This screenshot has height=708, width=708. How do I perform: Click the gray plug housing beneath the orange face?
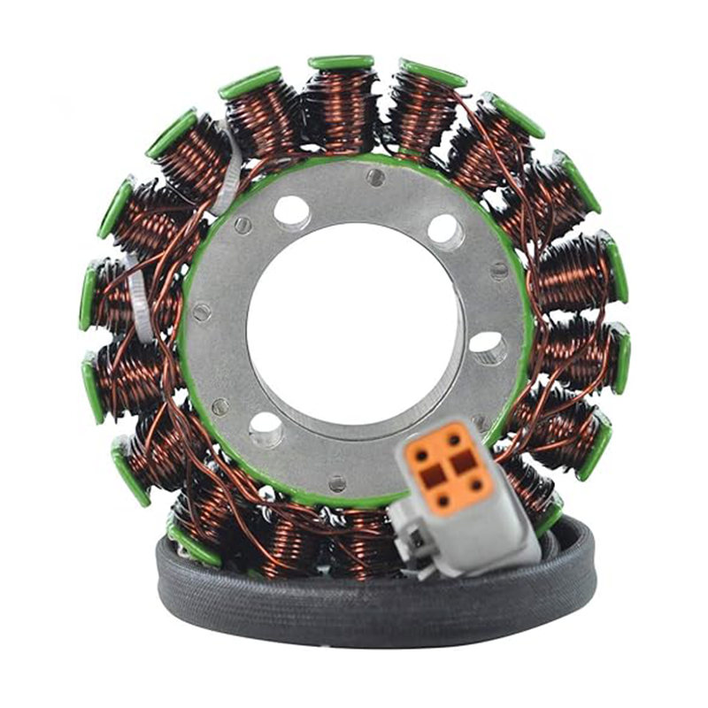[x=469, y=535]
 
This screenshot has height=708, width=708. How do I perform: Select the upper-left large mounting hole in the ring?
[x=291, y=212]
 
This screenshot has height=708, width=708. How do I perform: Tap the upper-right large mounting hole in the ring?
[x=445, y=231]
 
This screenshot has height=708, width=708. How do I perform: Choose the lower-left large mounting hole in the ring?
[x=265, y=427]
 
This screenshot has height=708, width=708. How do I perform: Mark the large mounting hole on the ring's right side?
[x=488, y=346]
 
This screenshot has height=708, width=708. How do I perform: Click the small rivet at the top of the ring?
[x=375, y=178]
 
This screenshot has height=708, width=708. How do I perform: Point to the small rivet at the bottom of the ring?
[x=336, y=482]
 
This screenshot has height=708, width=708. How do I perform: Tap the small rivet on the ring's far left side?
[x=201, y=312]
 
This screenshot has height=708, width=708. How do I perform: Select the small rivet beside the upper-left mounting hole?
[x=242, y=226]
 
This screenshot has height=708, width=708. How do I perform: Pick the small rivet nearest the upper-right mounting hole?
[x=499, y=270]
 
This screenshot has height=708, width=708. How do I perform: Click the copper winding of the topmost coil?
[x=341, y=106]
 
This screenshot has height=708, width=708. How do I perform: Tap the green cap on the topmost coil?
[x=341, y=62]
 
